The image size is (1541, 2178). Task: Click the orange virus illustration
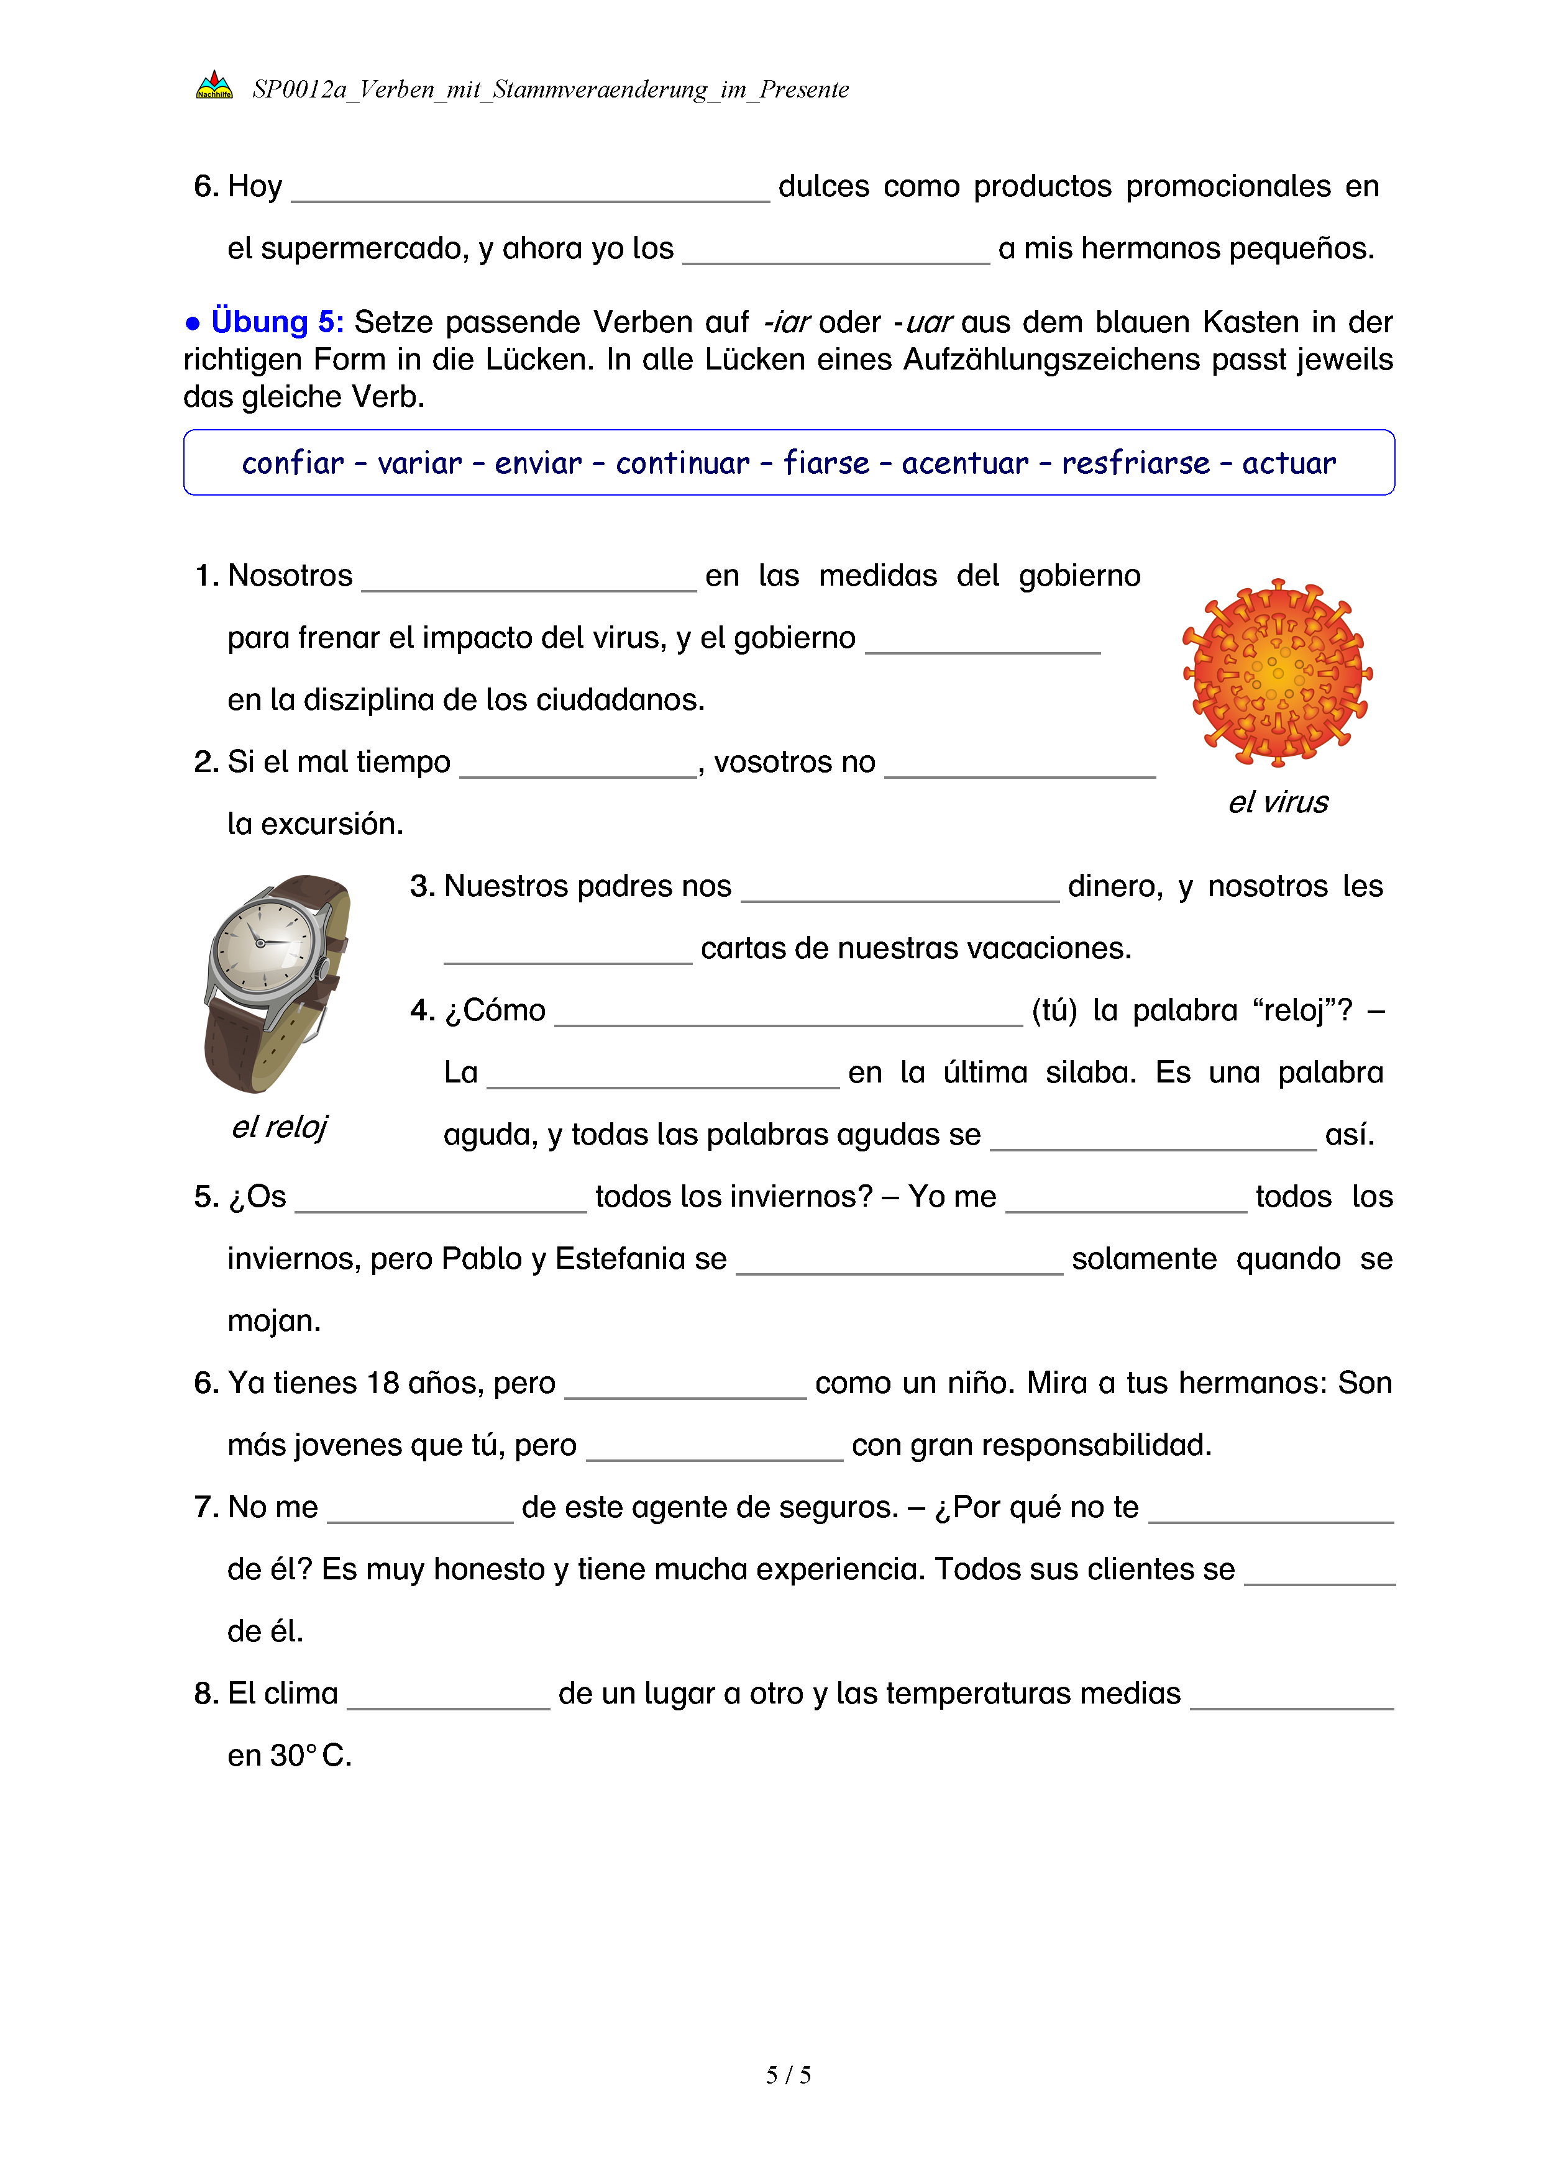(1276, 673)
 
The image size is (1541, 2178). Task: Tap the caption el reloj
(279, 1127)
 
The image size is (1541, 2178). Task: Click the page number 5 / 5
(787, 2075)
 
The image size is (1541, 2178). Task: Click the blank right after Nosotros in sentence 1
(529, 578)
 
